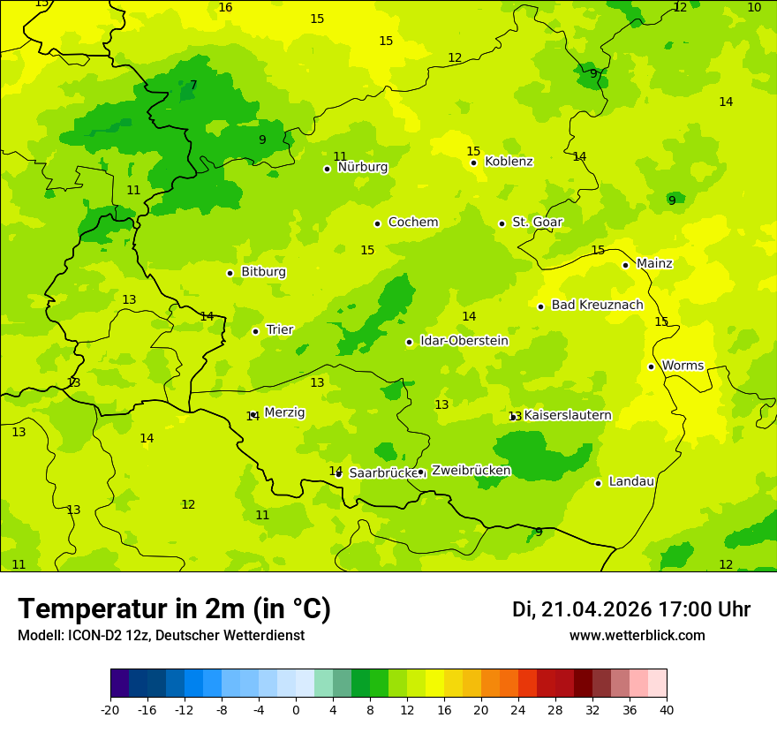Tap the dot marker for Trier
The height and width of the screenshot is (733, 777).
coord(255,331)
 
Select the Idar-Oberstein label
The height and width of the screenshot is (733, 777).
coord(464,341)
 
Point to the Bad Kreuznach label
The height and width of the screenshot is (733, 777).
coord(597,305)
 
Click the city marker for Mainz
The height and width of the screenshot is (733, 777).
coord(625,265)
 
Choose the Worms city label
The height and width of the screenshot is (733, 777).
coord(683,366)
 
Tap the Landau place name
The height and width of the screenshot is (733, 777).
coord(631,481)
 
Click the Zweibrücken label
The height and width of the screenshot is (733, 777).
coord(471,471)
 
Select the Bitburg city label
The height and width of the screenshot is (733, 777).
coord(263,272)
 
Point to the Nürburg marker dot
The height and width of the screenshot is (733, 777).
coord(327,169)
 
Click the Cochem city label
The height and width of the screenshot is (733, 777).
coord(413,223)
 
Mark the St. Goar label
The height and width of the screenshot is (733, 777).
coord(537,223)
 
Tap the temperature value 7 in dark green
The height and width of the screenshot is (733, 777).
coord(193,86)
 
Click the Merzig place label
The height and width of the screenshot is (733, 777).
coord(284,412)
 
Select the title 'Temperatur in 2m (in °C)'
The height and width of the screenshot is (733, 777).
coord(174,608)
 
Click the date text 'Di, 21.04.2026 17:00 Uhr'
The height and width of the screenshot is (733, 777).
coord(631,609)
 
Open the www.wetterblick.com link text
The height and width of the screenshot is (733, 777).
coord(637,636)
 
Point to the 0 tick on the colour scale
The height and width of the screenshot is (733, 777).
coord(296,709)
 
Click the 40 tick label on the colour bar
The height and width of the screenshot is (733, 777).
coord(667,709)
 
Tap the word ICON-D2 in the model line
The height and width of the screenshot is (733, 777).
coord(89,636)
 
